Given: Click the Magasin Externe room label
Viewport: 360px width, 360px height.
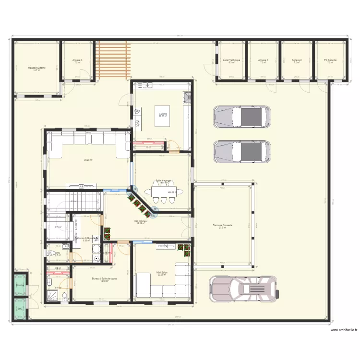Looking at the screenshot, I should [x=36, y=68].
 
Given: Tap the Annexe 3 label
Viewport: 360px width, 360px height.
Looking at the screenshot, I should [x=77, y=60].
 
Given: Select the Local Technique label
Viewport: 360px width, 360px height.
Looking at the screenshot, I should [x=231, y=60].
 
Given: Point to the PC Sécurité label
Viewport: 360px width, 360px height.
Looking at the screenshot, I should [x=330, y=60].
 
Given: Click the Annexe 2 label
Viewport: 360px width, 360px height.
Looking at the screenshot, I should [x=296, y=60].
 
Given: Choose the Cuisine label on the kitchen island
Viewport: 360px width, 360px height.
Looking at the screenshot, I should [x=163, y=114].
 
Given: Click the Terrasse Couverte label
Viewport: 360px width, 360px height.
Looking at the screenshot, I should [x=222, y=226].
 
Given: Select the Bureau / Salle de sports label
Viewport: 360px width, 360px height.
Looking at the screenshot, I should [x=104, y=278].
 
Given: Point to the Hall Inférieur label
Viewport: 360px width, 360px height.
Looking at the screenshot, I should [x=141, y=221].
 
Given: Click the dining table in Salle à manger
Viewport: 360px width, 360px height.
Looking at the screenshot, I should [x=164, y=193].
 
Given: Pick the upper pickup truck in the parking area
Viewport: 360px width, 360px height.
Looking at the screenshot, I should [x=241, y=116].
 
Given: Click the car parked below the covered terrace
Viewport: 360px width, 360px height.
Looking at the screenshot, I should [x=244, y=289].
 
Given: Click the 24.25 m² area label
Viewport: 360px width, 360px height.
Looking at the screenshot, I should [x=88, y=160].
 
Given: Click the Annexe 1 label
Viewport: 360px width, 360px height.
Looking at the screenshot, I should [x=263, y=60].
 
